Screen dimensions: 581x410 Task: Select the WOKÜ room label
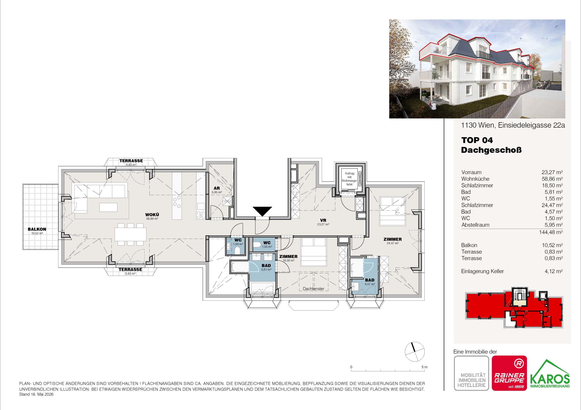152,215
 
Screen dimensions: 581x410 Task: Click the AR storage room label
217,188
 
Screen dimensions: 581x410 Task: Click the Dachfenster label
313,289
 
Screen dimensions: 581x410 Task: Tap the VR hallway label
323,221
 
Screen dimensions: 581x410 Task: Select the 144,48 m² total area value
551,232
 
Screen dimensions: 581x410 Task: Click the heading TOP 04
477,140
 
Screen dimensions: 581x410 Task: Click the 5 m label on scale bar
424,367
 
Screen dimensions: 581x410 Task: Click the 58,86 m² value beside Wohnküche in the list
552,179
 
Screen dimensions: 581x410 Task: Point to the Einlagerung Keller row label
483,271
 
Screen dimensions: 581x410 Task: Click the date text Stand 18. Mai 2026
36,394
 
